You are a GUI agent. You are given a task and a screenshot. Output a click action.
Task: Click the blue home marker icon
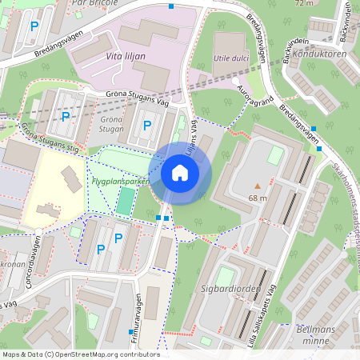click(x=180, y=172)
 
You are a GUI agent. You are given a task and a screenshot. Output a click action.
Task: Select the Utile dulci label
click(x=231, y=58)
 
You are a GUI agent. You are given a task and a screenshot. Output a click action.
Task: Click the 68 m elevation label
click(x=257, y=198)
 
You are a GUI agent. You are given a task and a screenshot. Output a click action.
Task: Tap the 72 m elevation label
click(x=304, y=3)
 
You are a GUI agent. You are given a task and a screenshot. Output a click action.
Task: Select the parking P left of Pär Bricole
click(x=34, y=27)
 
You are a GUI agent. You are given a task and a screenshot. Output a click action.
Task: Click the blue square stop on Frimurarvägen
click(x=130, y=331)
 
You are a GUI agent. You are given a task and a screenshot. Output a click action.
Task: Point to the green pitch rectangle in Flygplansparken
click(x=124, y=201)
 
